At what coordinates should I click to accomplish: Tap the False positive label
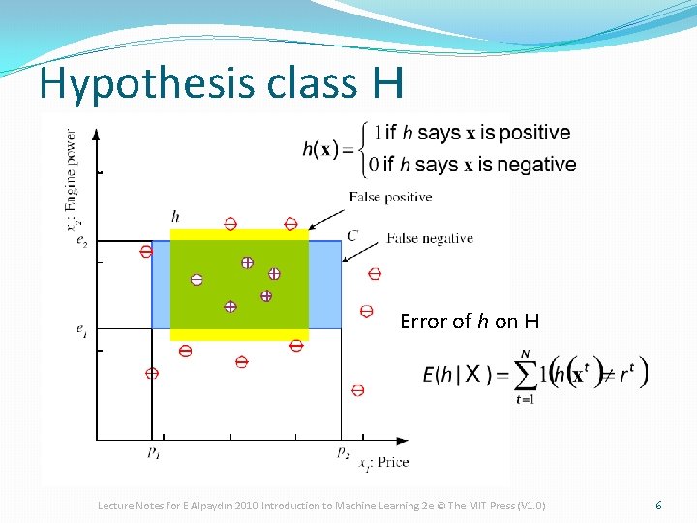(390, 198)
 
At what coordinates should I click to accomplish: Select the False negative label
(429, 238)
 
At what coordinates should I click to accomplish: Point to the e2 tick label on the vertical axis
(83, 241)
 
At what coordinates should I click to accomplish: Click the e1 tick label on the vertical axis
(83, 330)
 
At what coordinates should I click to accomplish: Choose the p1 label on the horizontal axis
(154, 451)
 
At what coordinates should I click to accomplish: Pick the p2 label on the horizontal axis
(343, 451)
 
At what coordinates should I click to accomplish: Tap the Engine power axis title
(73, 179)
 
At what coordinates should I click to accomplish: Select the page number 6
(658, 506)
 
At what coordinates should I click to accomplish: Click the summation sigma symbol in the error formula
(527, 374)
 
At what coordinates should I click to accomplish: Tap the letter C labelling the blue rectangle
(352, 235)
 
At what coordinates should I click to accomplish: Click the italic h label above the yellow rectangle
(175, 215)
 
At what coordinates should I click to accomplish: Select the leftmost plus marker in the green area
(197, 279)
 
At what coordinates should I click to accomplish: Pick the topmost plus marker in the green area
(247, 262)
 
